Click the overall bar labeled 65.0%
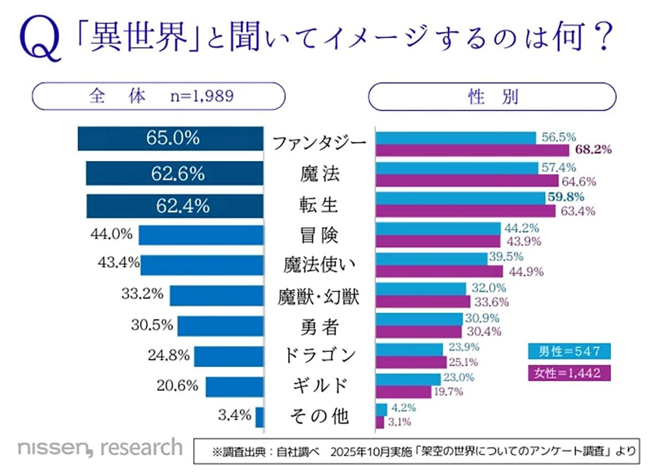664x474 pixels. point(171,138)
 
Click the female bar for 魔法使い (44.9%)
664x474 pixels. point(439,271)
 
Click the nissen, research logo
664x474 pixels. point(100,447)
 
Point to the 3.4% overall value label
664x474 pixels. point(236,414)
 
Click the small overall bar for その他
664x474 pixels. point(260,416)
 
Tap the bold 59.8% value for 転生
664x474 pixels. point(566,197)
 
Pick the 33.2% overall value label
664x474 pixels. point(142,294)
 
